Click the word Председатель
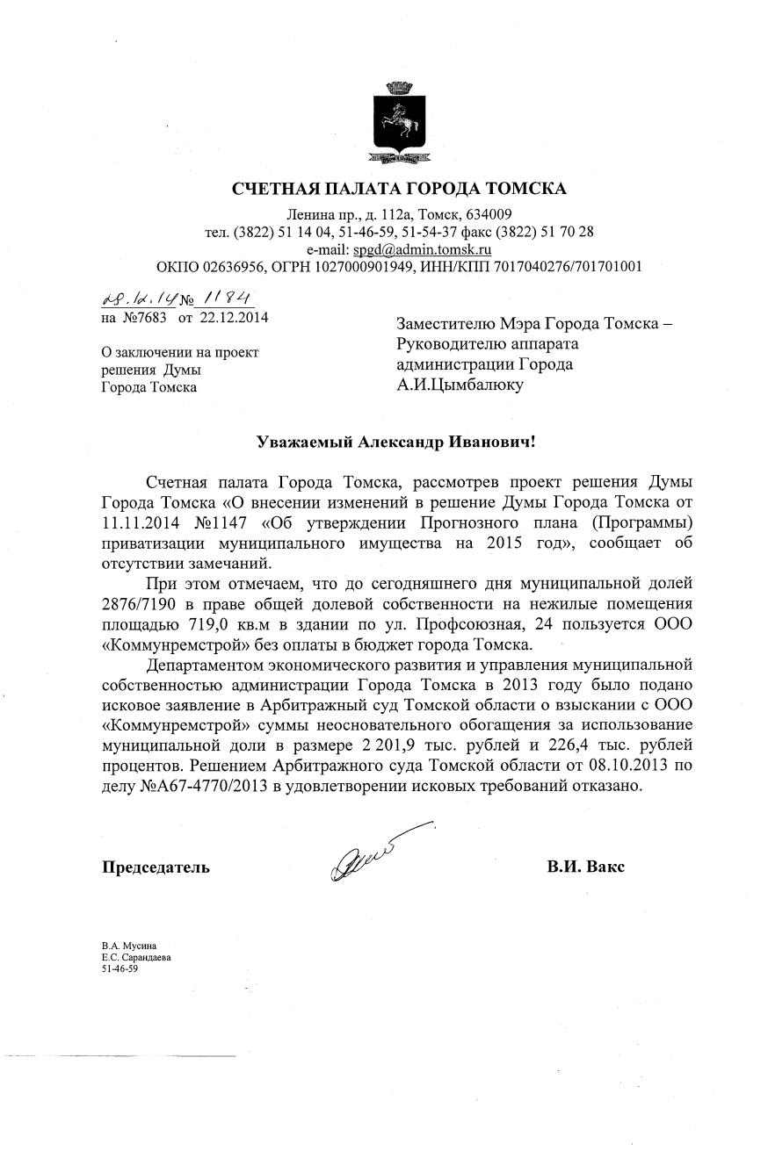pyautogui.click(x=156, y=867)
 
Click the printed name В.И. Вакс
pyautogui.click(x=585, y=867)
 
